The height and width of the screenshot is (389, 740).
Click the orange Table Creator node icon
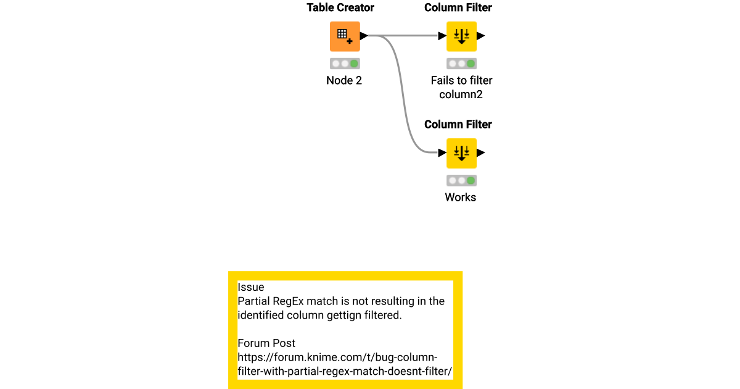click(345, 36)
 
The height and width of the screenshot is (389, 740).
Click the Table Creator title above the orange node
click(340, 8)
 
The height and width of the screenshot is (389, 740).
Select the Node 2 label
click(344, 80)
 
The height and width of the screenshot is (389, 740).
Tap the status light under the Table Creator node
click(345, 64)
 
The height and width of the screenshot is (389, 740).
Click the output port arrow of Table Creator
click(364, 36)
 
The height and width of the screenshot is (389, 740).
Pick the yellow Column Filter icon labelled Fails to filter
click(461, 36)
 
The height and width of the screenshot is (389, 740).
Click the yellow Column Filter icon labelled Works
click(461, 153)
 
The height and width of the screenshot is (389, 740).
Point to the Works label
click(461, 198)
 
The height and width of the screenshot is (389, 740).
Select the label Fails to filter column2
click(461, 87)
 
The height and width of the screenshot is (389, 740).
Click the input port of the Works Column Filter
click(442, 153)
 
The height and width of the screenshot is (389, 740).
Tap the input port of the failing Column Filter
click(442, 36)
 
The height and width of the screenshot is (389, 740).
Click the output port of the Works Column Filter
click(481, 153)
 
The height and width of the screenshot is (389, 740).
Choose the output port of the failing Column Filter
click(481, 36)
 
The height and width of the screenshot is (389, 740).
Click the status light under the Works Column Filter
click(461, 181)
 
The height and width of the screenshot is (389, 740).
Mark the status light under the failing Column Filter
click(461, 64)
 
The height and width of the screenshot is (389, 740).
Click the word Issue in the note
click(251, 287)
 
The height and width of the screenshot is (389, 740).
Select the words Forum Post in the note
click(266, 343)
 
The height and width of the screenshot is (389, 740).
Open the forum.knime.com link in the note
click(345, 364)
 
